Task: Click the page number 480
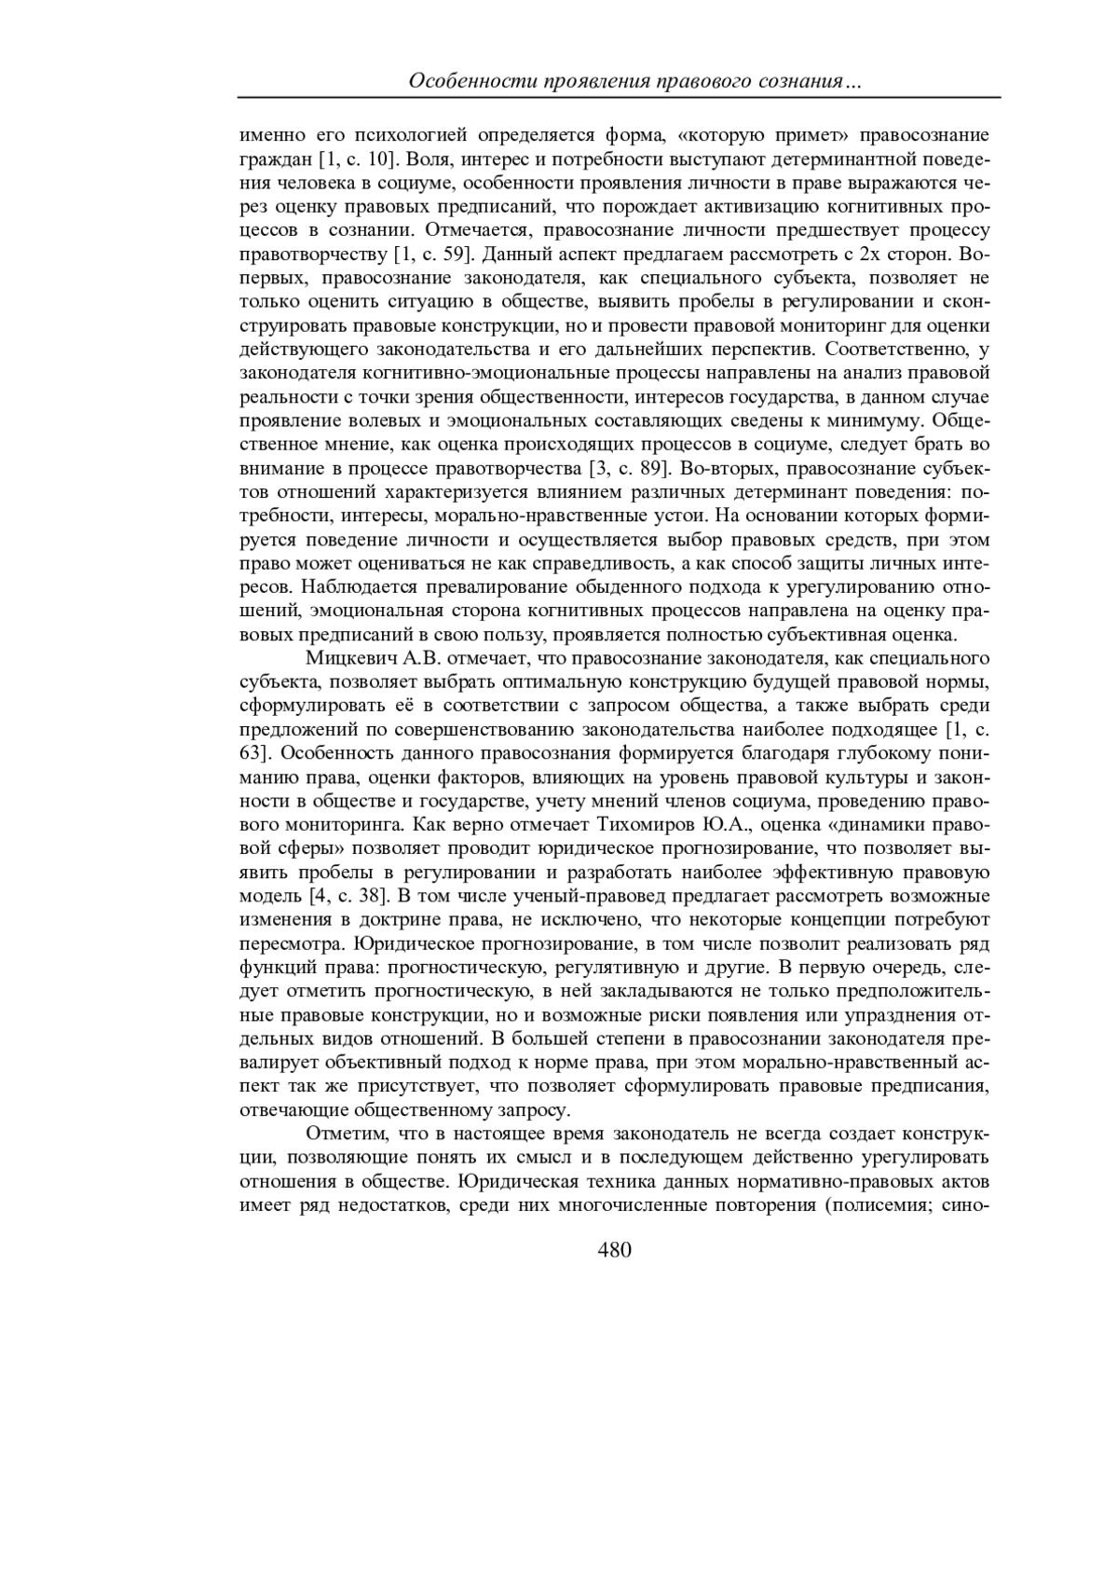coord(614,1250)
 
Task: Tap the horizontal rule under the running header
coord(618,97)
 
